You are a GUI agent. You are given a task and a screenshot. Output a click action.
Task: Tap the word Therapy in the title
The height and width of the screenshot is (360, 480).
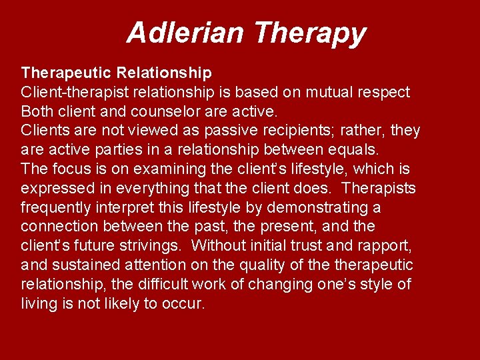(310, 32)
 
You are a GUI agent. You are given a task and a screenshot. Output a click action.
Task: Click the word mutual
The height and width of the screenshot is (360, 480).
(331, 91)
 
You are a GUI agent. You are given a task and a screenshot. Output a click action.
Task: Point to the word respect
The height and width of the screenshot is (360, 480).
(385, 91)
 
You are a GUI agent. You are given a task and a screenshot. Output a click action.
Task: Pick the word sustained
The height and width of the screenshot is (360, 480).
(77, 265)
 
